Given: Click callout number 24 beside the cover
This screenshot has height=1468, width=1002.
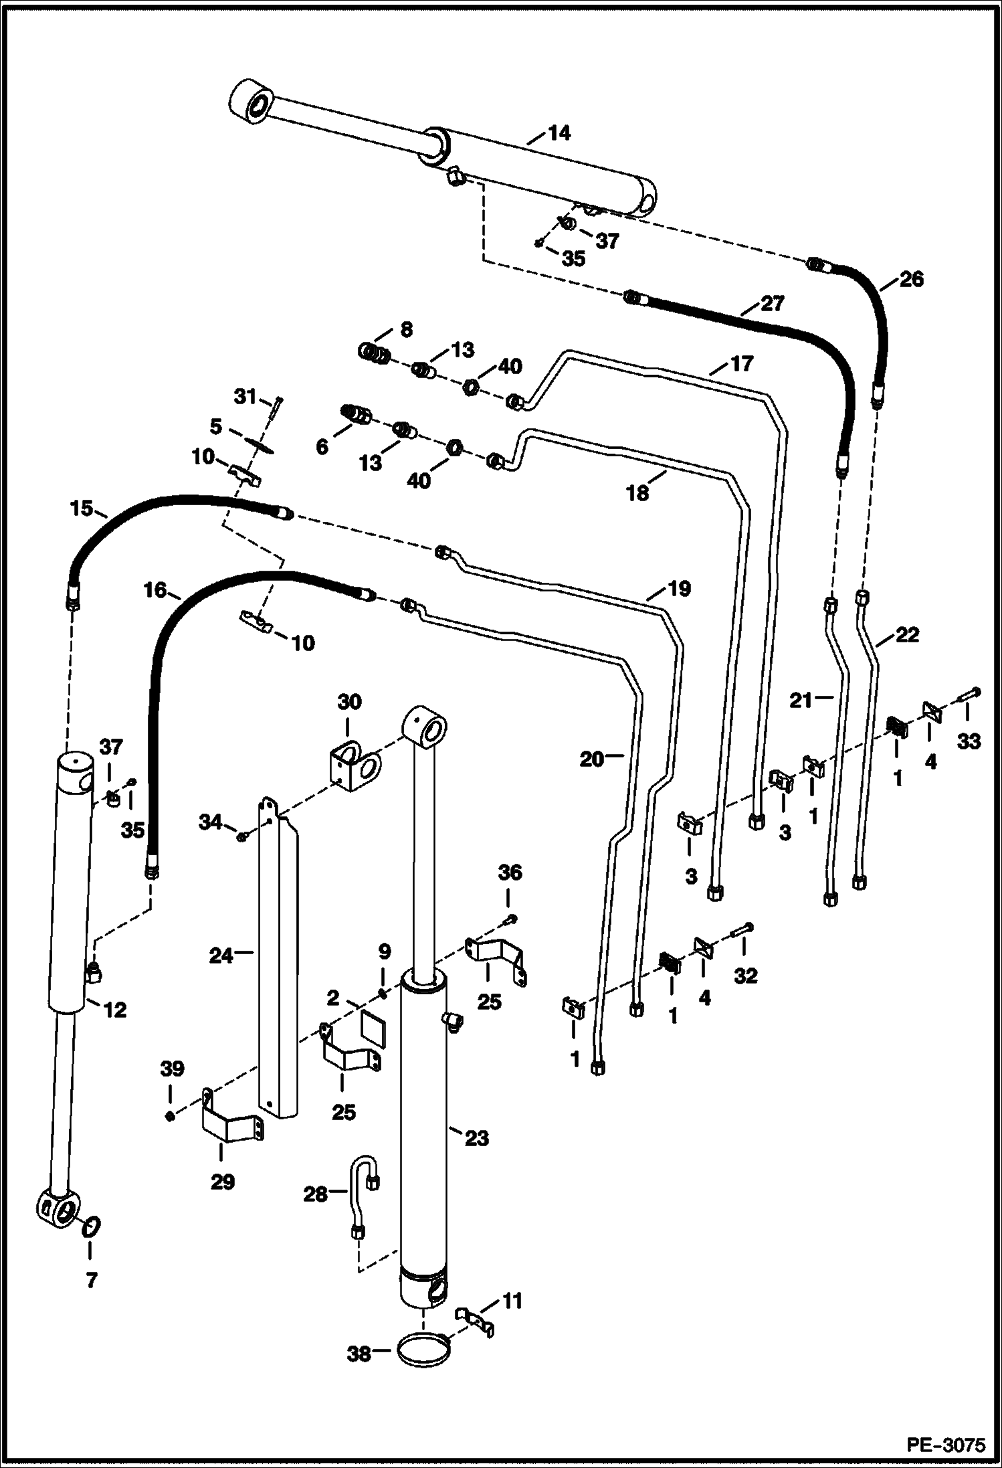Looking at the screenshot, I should coord(221,956).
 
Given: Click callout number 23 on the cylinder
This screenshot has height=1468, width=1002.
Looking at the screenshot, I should coord(477,1137).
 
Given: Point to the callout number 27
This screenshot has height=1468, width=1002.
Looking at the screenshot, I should coord(772,303).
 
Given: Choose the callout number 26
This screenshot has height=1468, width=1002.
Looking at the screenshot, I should coord(910,278).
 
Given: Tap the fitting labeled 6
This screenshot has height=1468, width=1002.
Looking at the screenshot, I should coord(354,417).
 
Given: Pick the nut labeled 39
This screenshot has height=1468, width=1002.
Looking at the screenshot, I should coord(170,1116).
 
